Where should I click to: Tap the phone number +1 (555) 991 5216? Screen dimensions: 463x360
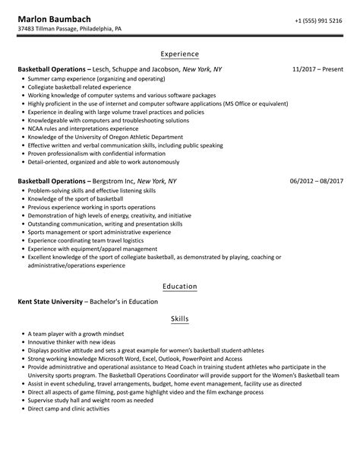coord(319,19)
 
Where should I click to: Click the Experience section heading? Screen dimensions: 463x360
coord(180,54)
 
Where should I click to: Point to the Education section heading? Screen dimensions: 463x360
coord(180,287)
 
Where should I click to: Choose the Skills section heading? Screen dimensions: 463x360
coord(180,319)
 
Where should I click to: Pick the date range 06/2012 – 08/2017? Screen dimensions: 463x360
coord(317,182)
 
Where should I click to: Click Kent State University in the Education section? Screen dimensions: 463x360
coord(53,301)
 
